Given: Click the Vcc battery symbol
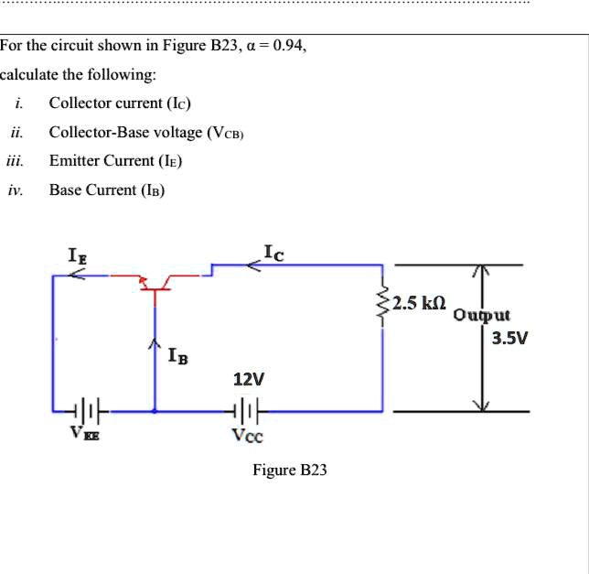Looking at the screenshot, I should point(248,411).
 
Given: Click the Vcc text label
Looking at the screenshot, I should point(247,437).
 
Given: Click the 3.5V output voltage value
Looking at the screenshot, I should point(509,339).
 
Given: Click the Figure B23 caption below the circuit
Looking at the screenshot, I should point(290,470).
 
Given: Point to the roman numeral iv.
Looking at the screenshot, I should point(14,190).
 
